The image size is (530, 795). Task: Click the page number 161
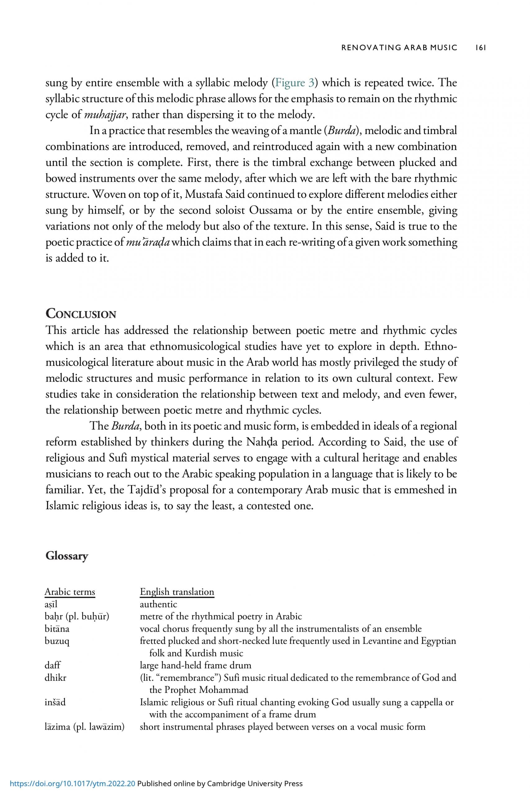pos(480,48)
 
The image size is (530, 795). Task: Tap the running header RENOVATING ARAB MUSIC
pos(399,48)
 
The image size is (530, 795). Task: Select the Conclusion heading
pos(81,314)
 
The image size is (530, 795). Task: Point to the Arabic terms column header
pos(70,592)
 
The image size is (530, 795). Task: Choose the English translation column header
pos(177,592)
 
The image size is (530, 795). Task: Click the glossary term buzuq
pos(57,641)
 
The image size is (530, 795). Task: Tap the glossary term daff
pos(52,665)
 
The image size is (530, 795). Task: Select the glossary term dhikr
pos(56,677)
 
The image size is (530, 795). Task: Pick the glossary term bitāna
pos(57,629)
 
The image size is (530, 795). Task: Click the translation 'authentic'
pos(159,604)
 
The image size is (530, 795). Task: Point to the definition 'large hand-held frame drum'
pos(196,665)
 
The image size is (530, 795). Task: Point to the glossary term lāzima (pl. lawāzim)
pos(84,726)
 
